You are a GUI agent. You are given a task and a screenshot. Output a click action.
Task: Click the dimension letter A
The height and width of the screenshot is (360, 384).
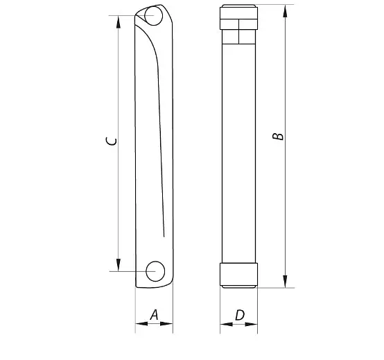pyautogui.click(x=155, y=315)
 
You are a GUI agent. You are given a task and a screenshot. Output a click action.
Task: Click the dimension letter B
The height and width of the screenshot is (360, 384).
pyautogui.click(x=278, y=137)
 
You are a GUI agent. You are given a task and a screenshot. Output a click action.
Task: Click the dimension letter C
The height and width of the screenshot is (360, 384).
pyautogui.click(x=112, y=142)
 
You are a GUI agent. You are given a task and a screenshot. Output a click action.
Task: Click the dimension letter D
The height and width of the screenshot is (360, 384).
pyautogui.click(x=240, y=315)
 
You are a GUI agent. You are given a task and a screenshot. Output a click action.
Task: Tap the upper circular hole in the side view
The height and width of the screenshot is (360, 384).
pyautogui.click(x=154, y=16)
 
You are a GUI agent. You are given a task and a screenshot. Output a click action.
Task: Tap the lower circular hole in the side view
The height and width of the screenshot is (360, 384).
pyautogui.click(x=155, y=271)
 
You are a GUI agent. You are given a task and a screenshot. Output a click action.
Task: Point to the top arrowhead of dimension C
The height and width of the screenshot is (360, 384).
pyautogui.click(x=119, y=22)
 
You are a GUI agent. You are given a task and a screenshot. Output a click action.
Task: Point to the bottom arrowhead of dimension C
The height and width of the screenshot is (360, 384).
pyautogui.click(x=119, y=265)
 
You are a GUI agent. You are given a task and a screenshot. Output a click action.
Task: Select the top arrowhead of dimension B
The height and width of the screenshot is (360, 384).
pyautogui.click(x=285, y=11)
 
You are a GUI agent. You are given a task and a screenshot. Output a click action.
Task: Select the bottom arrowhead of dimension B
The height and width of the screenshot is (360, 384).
pyautogui.click(x=285, y=282)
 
